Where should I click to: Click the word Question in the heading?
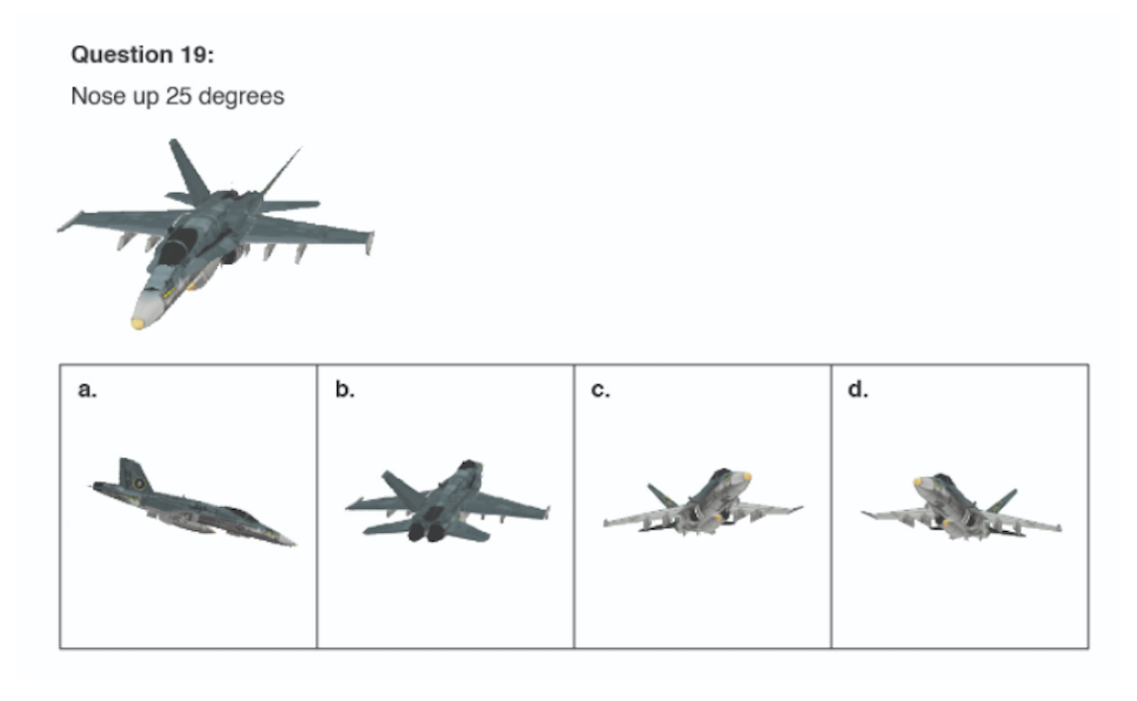point(121,55)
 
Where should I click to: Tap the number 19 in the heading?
point(195,55)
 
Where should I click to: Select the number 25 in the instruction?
point(178,96)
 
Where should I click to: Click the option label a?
point(87,390)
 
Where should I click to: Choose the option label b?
point(345,389)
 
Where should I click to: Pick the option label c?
point(600,390)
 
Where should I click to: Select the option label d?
point(858,389)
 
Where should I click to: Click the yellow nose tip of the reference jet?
point(137,323)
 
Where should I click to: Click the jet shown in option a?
point(193,502)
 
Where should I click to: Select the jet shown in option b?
point(447,501)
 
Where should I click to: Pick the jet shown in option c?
point(703,502)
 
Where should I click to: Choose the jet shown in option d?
point(961,506)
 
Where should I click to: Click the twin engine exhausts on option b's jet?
point(426,532)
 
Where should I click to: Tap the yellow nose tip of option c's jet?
point(746,477)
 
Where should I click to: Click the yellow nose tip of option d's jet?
point(918,481)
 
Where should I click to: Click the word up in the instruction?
point(145,97)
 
